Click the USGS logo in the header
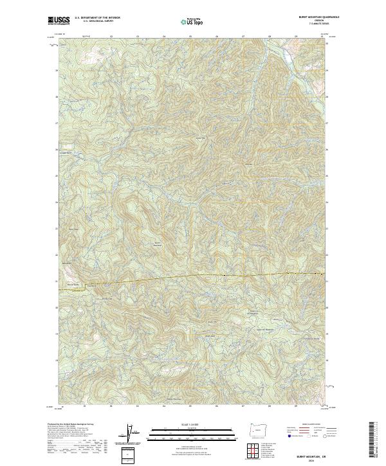[x=59, y=21]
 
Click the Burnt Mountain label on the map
[x=157, y=243]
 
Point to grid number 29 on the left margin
[x=56, y=70]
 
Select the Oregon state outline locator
[x=256, y=430]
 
